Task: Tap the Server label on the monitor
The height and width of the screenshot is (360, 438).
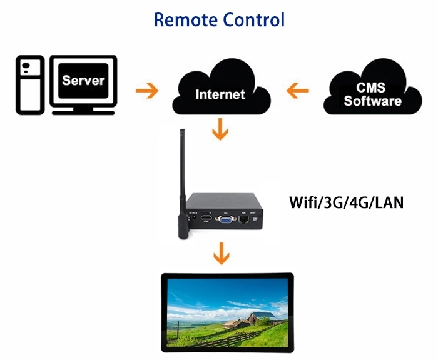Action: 83,81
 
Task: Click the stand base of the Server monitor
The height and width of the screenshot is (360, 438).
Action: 83,112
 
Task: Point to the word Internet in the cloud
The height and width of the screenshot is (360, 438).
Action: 220,94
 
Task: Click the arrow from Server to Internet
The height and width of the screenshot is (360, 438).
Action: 147,91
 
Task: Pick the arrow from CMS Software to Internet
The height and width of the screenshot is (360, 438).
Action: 297,91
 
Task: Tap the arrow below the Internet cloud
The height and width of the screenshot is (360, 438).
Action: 220,131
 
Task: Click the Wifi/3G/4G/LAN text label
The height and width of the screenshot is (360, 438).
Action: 346,202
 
